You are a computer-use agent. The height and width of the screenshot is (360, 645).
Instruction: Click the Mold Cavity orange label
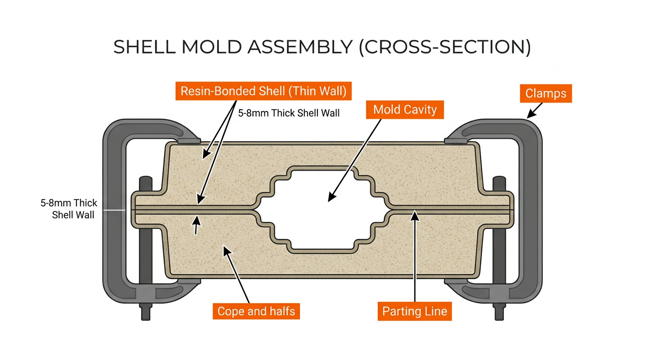[405, 110]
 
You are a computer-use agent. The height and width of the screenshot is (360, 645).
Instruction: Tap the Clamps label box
[546, 93]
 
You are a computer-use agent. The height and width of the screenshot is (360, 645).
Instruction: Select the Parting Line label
[414, 311]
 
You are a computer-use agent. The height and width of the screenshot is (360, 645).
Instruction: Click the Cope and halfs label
[256, 311]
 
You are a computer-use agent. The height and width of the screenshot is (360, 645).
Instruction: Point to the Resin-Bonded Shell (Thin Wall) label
[263, 91]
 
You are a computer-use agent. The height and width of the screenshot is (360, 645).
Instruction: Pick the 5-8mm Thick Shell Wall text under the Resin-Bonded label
[289, 113]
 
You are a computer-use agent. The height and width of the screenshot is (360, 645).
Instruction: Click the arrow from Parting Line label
[414, 258]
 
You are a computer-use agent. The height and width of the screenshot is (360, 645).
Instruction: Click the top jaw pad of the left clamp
[189, 140]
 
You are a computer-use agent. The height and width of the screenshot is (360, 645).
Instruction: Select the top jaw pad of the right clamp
[455, 140]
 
